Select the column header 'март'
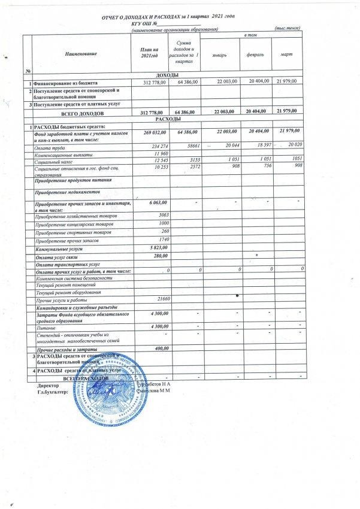tap(286, 55)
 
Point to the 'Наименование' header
tap(81, 54)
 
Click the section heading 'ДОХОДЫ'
tap(162, 74)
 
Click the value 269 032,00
tap(151, 131)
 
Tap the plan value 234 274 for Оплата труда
tap(155, 146)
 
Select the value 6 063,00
tap(155, 204)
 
